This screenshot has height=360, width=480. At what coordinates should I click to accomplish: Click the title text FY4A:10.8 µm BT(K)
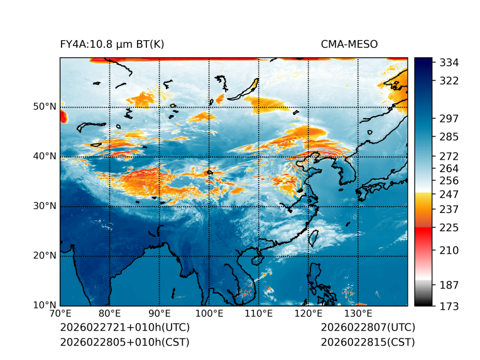point(112,44)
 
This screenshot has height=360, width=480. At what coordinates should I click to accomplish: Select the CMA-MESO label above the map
point(349,44)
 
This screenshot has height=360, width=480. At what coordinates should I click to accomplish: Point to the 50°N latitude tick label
point(44,107)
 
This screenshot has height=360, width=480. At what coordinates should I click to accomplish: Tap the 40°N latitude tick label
point(44,156)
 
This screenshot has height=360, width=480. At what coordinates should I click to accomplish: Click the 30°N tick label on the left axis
point(44,206)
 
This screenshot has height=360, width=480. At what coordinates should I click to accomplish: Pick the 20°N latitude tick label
point(44,256)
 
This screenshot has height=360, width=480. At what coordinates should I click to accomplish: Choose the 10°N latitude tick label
point(44,305)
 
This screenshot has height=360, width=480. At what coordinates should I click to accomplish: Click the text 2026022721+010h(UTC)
point(124,327)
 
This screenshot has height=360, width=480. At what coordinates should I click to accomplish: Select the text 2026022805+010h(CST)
point(124,342)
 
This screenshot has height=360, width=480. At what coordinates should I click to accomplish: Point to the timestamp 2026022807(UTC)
point(368,327)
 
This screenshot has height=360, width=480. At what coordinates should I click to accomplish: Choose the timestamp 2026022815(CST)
point(368,342)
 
